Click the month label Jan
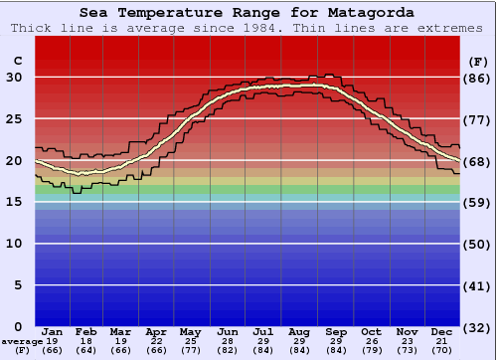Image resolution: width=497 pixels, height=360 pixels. pyautogui.click(x=53, y=331)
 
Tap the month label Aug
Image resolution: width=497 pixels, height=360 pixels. pyautogui.click(x=299, y=331)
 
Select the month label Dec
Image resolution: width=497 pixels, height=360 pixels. pyautogui.click(x=442, y=331)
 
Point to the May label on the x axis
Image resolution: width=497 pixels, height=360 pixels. pyautogui.click(x=189, y=331)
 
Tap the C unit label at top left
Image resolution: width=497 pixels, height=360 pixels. pyautogui.click(x=17, y=61)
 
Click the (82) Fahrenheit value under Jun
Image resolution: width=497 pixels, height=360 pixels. pyautogui.click(x=228, y=350)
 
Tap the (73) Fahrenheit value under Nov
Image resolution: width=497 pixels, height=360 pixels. pyautogui.click(x=407, y=350)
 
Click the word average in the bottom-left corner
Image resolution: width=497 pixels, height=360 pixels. pyautogui.click(x=21, y=341)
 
